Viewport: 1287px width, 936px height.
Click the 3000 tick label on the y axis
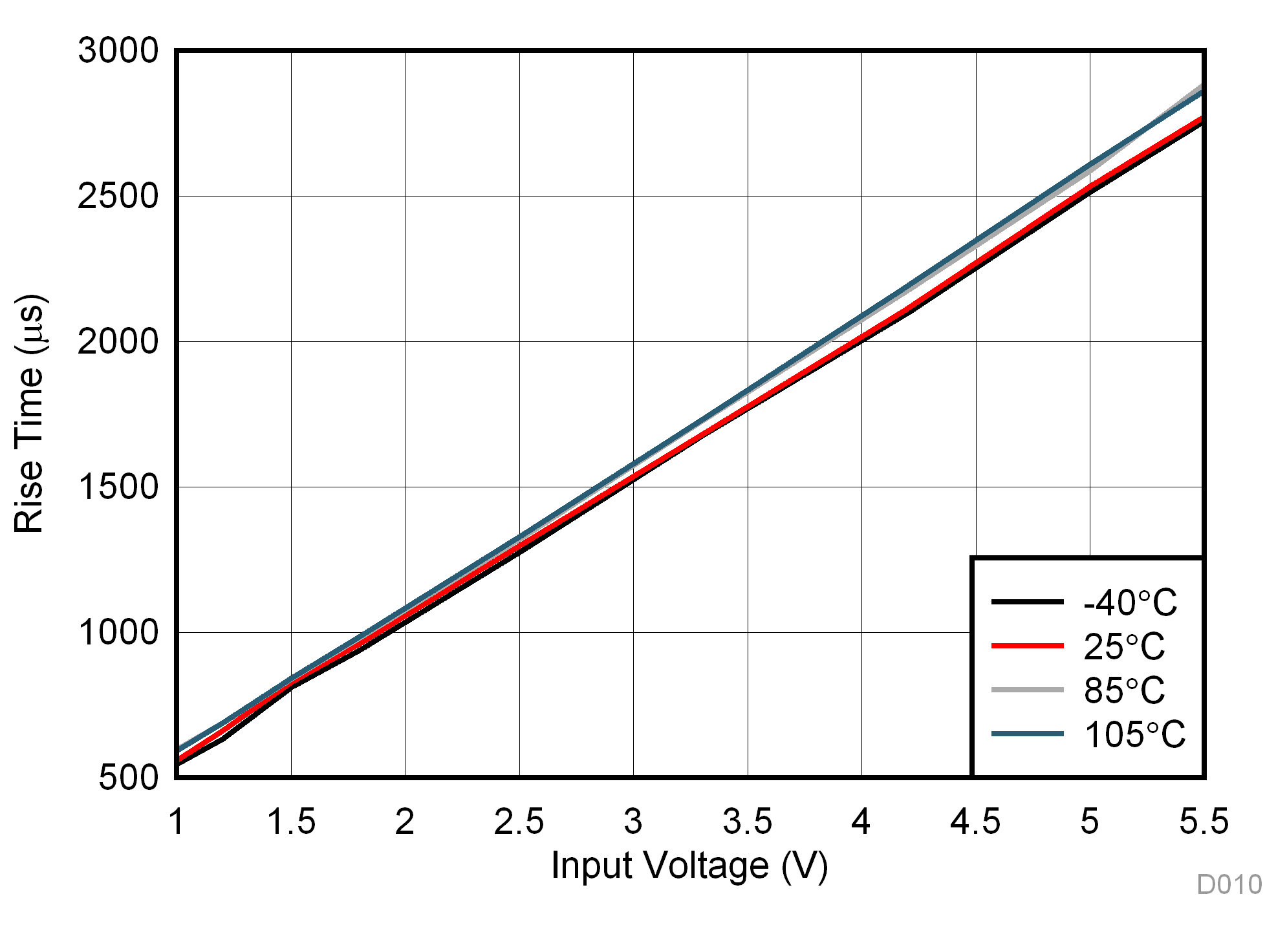pos(118,50)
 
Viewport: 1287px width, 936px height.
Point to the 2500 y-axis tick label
pos(118,196)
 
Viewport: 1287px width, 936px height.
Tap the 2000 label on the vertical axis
pos(118,341)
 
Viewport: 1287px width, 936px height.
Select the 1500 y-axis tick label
pos(118,487)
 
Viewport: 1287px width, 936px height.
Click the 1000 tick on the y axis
pos(118,632)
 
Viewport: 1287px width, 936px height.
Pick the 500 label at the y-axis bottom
pos(128,778)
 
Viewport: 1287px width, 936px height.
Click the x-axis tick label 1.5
pos(291,822)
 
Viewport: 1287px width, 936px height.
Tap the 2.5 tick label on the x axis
pos(519,822)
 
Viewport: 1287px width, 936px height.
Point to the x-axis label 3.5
pos(748,822)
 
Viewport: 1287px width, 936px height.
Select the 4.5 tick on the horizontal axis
pos(975,822)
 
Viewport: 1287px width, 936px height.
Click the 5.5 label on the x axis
pos(1204,822)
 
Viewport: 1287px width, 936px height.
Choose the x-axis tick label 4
pos(861,822)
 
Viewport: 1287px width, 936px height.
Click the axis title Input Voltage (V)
pos(689,866)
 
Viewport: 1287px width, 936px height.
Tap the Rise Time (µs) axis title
pos(30,414)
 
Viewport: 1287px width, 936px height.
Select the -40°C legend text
pos(1130,603)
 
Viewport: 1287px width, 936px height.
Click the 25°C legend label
pos(1124,646)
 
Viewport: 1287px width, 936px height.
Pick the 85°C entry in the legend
pos(1124,690)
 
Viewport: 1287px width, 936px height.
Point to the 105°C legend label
pos(1134,735)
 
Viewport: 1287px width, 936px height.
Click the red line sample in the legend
pos(1027,646)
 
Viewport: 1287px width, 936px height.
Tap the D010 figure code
pos(1229,885)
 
